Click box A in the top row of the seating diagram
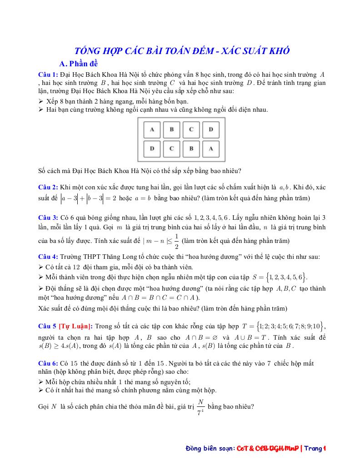[152, 129]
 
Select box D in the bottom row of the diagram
[152, 148]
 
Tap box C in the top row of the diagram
[191, 129]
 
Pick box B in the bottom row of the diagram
[191, 148]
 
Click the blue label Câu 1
[48, 74]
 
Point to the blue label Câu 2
[48, 187]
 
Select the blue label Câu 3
[48, 218]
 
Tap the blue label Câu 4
[48, 257]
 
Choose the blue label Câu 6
[48, 363]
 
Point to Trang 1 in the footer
[316, 449]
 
